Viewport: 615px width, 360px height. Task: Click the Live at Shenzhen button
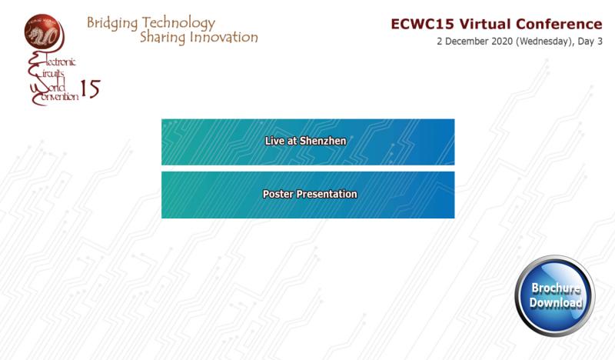coord(308,142)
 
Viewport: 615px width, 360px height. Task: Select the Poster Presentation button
coord(308,195)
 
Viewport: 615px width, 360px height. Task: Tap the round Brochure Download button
coord(555,295)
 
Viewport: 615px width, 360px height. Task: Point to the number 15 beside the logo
coord(90,88)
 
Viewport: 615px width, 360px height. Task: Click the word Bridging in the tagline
coord(112,23)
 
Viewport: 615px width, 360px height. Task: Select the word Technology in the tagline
coord(178,23)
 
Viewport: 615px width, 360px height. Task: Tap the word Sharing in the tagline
coord(163,38)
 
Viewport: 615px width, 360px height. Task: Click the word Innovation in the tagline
coord(224,37)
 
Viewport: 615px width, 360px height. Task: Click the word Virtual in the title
coord(485,24)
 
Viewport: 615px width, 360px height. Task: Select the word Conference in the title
coord(559,24)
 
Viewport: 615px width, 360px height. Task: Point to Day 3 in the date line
coord(590,42)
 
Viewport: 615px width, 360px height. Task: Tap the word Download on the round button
coord(556,302)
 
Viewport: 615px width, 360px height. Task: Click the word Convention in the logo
coord(55,97)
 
